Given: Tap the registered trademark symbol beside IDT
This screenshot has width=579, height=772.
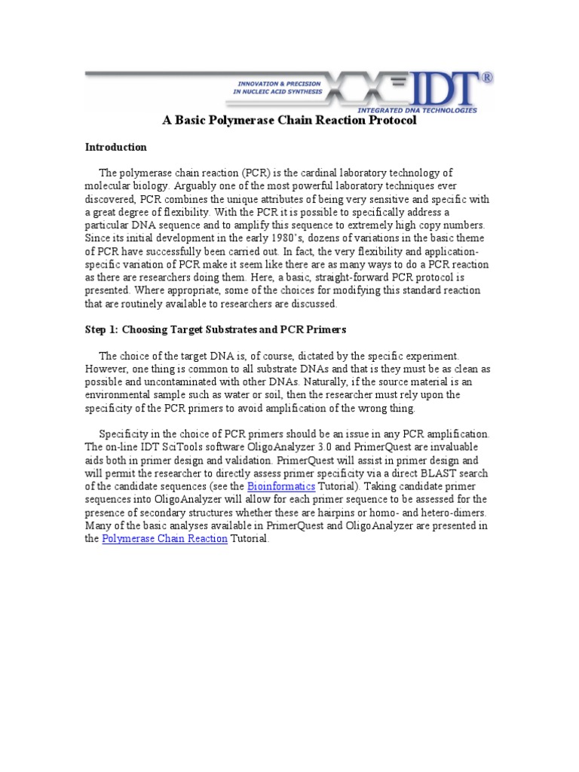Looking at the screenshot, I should point(487,77).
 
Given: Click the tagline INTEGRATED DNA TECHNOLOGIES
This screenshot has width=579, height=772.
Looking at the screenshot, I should point(427,109).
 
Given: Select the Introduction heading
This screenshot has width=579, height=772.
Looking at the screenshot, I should point(115,147).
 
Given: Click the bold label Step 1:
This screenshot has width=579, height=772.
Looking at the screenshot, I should point(100,329).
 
